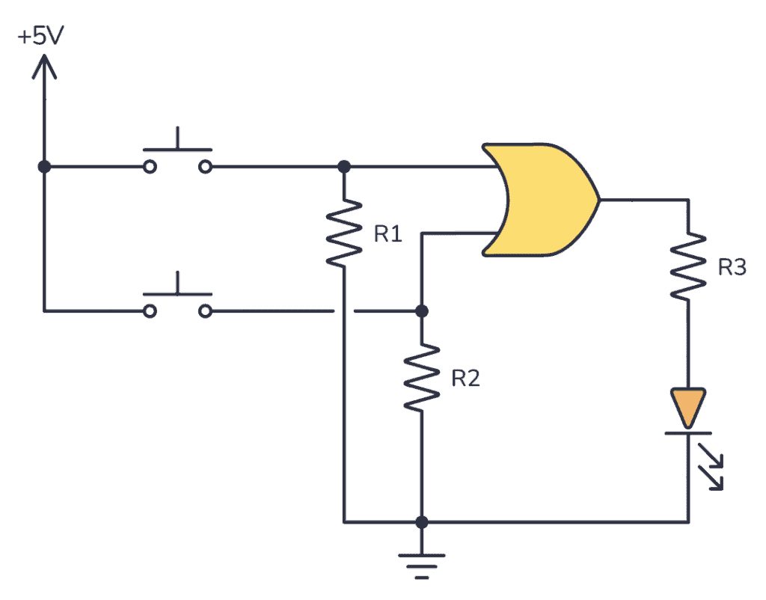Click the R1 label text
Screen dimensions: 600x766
point(387,235)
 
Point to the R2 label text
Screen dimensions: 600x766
point(465,379)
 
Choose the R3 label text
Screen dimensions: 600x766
point(731,267)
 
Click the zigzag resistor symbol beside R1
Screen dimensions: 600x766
point(343,233)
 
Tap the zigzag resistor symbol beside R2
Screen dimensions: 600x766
point(422,376)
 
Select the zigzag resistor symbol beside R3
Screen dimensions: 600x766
point(687,267)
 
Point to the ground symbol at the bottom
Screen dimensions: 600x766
point(422,565)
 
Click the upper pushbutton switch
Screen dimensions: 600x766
point(178,157)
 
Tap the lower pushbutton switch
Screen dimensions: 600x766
point(178,301)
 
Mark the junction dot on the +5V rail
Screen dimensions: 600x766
point(44,166)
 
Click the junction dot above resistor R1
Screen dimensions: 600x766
point(343,166)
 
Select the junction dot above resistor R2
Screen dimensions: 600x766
point(422,310)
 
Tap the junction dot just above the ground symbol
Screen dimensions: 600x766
point(422,521)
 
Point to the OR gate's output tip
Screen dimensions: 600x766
point(598,200)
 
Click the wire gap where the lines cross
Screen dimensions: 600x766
point(343,310)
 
